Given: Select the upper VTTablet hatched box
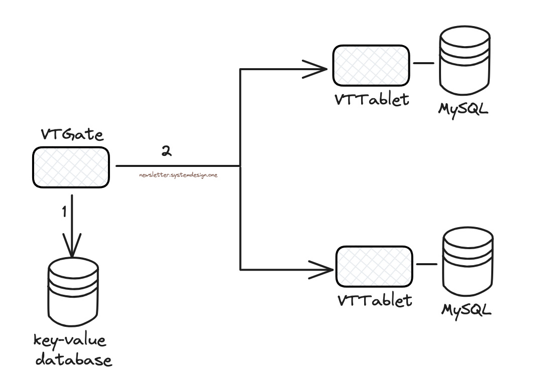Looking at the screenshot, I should [371, 66].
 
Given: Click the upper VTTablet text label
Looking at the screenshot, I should [372, 100].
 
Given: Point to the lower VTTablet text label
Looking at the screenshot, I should [375, 301].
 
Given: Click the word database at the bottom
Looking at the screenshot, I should [73, 360].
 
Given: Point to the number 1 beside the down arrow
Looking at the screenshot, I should [64, 212].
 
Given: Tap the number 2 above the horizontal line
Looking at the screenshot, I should [166, 151].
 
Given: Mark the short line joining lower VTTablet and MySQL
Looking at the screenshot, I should [426, 264].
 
